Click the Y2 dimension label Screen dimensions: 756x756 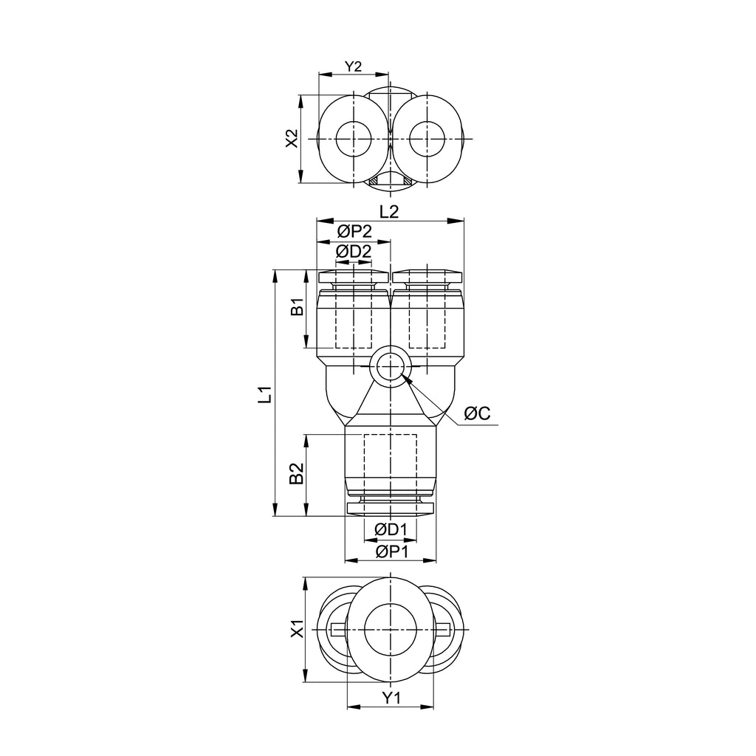tap(354, 66)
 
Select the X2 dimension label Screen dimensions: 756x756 tap(292, 139)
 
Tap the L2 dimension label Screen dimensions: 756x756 tap(389, 212)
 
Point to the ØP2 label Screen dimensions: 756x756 tap(354, 232)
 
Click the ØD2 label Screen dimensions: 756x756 tap(354, 251)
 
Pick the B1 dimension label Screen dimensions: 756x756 tap(298, 307)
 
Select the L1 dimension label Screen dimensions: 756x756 tap(265, 394)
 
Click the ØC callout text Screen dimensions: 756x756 tap(477, 413)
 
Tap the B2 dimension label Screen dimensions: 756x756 tap(297, 473)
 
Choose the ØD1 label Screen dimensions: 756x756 tap(391, 530)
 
